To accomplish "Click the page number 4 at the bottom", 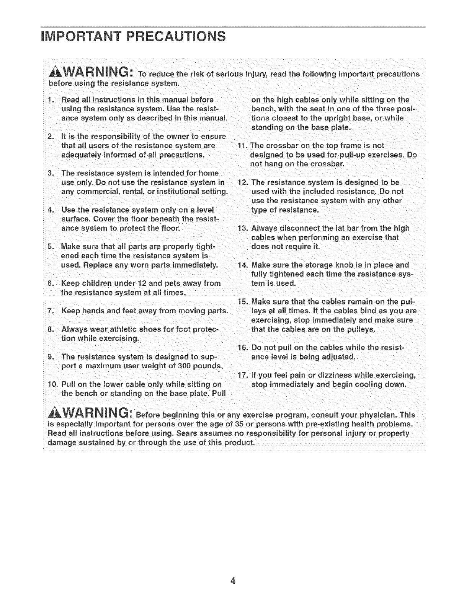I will click(232, 581).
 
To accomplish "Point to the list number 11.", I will click(242, 146).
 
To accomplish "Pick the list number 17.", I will click(242, 375).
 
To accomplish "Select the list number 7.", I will click(50, 310).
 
